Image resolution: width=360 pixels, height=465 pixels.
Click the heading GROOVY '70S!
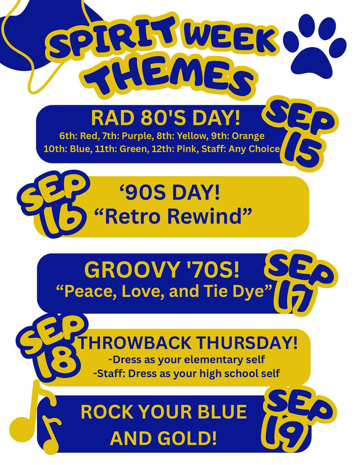[x=162, y=271]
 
